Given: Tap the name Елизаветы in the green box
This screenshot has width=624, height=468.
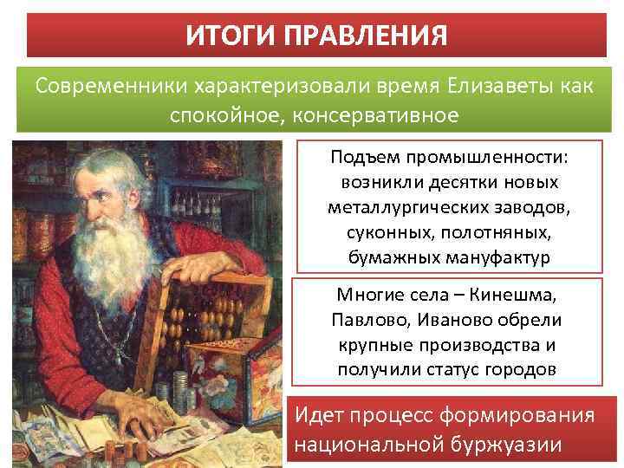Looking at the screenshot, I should [x=496, y=88].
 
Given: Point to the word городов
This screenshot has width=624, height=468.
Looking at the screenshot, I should [x=519, y=369].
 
